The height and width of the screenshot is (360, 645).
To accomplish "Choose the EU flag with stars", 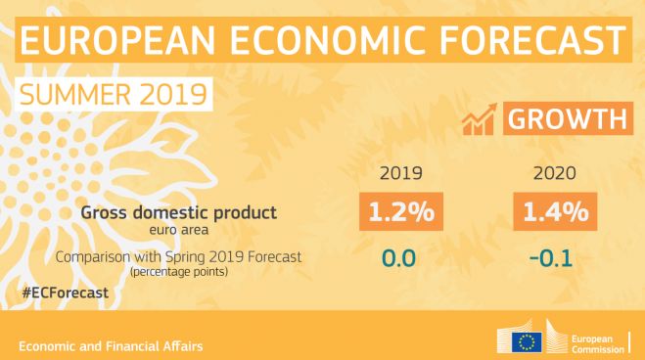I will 529,341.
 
